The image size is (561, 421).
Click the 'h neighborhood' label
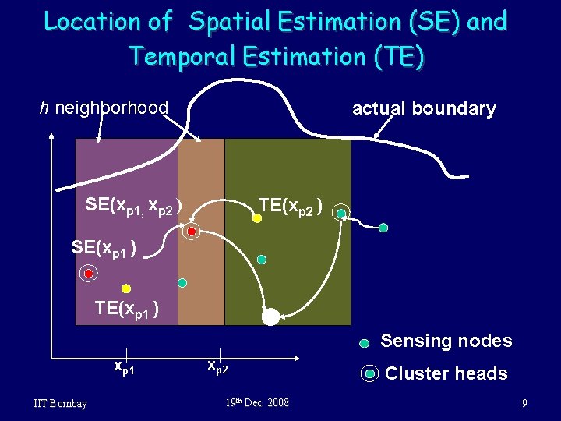click(x=104, y=108)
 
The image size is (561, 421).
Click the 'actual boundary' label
click(x=424, y=109)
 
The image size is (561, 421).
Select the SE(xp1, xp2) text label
click(x=134, y=205)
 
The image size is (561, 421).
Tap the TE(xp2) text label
click(x=291, y=205)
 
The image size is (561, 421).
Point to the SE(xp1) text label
click(x=104, y=248)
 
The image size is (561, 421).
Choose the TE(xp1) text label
click(x=128, y=309)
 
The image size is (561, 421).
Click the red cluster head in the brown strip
click(x=191, y=231)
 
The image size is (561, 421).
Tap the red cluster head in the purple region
click(x=89, y=274)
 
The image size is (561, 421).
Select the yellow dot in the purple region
click(x=125, y=288)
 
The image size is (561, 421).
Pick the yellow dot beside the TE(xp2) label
click(x=257, y=219)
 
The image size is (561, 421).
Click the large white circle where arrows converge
click(x=270, y=316)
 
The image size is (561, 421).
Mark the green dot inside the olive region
click(x=262, y=260)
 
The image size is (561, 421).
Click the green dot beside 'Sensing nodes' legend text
click(x=365, y=343)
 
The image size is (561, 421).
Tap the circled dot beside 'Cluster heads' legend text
click(x=370, y=373)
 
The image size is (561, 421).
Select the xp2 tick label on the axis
click(x=217, y=366)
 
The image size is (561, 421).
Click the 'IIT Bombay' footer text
click(x=61, y=403)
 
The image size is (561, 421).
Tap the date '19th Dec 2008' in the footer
click(x=257, y=403)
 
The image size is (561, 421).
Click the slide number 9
click(x=525, y=403)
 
